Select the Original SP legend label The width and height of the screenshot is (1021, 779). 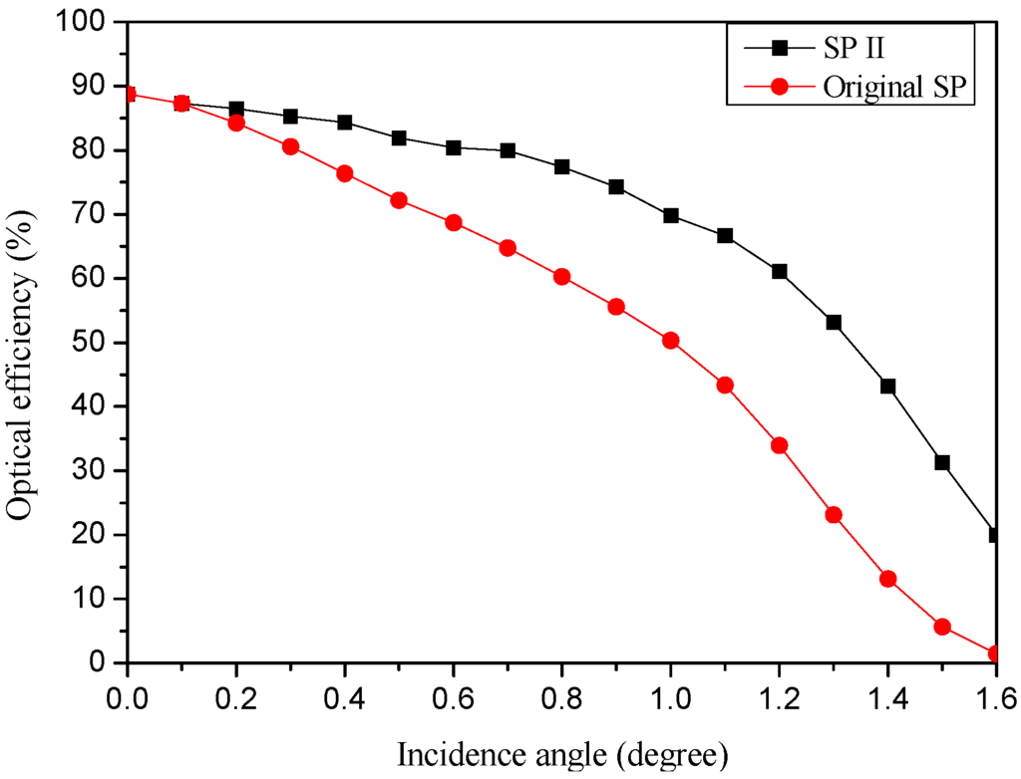[897, 86]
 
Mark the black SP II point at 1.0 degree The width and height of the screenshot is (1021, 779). [671, 215]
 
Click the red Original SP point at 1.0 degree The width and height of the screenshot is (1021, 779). [671, 341]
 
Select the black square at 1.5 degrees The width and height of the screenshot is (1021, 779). [942, 462]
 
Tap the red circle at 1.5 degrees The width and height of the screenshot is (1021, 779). [942, 627]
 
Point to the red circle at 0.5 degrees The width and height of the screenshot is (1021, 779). [399, 200]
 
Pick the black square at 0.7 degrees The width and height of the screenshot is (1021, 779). [508, 150]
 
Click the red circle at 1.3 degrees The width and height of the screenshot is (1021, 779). [834, 515]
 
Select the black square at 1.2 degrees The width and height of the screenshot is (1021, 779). [780, 271]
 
